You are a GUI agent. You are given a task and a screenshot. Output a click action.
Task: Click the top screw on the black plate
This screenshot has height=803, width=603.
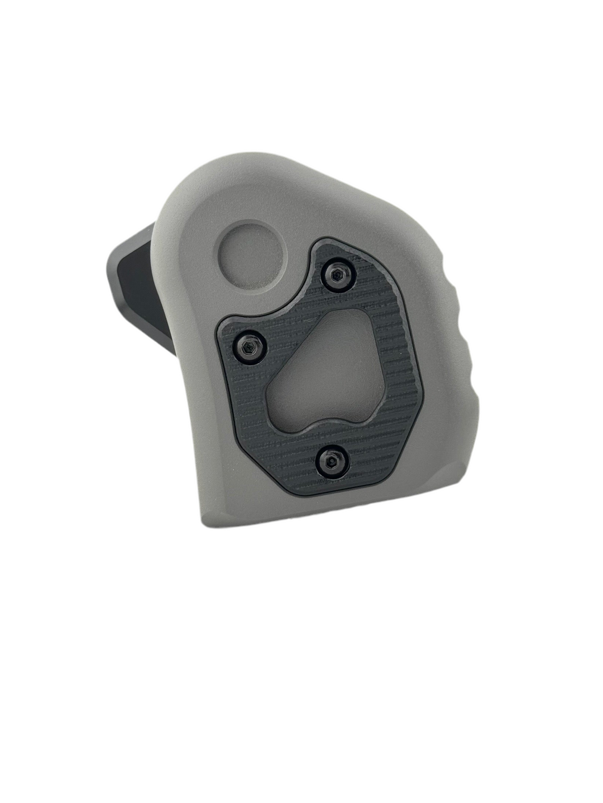(x=338, y=274)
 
